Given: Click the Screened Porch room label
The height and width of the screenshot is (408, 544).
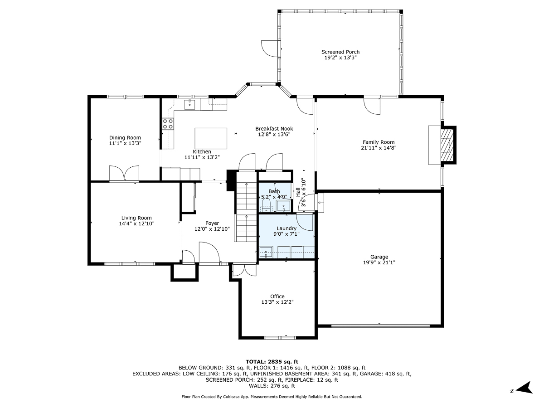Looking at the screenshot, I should [340, 52].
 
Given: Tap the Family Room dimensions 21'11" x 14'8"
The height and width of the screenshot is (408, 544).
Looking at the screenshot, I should [378, 148].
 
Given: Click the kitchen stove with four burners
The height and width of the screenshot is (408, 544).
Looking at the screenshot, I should [168, 124].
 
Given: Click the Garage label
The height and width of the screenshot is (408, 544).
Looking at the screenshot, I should [379, 257].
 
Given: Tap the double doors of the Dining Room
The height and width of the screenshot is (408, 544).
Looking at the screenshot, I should [124, 174].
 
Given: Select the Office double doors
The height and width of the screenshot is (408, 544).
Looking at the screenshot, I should [244, 270].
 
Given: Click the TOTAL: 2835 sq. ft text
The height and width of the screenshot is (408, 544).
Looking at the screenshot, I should [272, 361].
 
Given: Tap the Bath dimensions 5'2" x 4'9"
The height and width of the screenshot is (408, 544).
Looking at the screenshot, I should [274, 197].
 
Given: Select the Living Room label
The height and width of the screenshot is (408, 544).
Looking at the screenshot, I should [136, 218].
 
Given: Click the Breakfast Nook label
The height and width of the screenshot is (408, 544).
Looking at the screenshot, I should [274, 129].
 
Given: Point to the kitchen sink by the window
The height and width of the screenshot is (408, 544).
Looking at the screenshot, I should [189, 105].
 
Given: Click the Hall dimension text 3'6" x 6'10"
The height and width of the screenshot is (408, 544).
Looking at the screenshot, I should [301, 192].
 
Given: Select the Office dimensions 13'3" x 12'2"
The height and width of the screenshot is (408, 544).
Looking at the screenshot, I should [277, 302].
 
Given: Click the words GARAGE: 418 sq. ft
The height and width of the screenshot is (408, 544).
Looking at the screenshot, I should [384, 374].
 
